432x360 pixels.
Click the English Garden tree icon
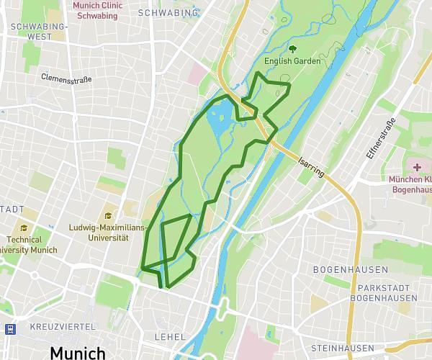point(293,49)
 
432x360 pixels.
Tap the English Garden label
point(292,61)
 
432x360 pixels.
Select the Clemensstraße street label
point(66,78)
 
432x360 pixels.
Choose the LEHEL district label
point(170,336)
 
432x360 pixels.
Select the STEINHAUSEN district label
point(342,348)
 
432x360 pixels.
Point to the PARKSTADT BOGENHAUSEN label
point(377,294)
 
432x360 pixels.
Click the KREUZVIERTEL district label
point(63,326)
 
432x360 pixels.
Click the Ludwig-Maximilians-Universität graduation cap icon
point(109,215)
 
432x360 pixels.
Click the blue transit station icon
point(10,329)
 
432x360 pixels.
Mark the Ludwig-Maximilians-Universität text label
point(108,233)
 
